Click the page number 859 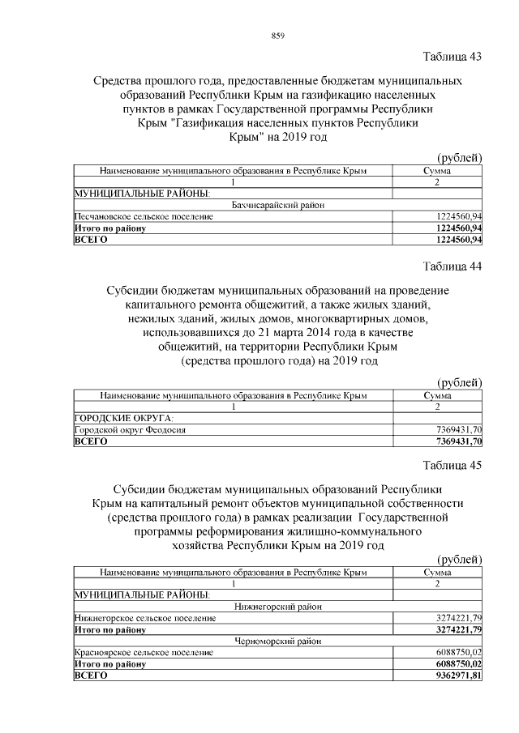(x=277, y=35)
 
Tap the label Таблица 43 (x=453, y=57)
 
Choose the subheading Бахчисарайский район (x=278, y=206)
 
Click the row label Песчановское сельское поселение (x=143, y=218)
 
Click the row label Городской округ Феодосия (x=130, y=430)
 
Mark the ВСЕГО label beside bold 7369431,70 (x=90, y=441)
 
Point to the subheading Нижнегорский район (x=278, y=606)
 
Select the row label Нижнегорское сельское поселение (x=145, y=618)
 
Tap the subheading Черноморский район (x=278, y=640)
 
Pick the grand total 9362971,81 (x=457, y=675)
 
